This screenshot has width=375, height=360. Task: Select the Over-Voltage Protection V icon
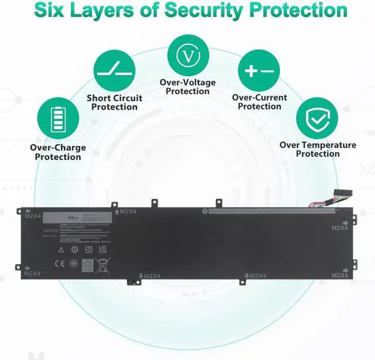click(x=187, y=55)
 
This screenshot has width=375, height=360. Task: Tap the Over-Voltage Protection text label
click(x=187, y=87)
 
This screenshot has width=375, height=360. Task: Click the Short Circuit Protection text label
click(x=114, y=103)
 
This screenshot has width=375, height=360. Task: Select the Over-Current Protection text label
click(x=260, y=102)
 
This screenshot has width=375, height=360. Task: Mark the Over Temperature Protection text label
click(x=318, y=149)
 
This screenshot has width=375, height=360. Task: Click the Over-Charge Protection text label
click(x=58, y=152)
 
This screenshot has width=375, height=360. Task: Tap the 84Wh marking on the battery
click(x=73, y=218)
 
